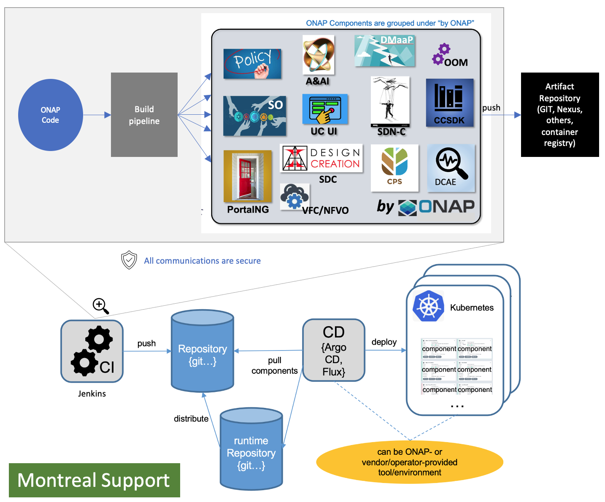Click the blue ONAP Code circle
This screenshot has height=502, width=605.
pos(50,115)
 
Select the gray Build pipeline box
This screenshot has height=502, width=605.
pos(144,115)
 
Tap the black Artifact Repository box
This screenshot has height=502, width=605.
pos(559,115)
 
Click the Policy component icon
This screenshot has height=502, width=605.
pos(252,64)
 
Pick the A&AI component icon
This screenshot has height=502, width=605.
pos(319,55)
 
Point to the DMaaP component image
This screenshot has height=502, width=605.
pos(385,51)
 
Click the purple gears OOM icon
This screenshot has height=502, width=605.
pos(441,54)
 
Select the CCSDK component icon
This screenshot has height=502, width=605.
pos(449,103)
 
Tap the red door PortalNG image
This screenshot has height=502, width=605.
pos(248,176)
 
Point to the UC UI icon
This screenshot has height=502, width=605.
pos(325,109)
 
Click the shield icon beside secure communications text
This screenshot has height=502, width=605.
pos(129,260)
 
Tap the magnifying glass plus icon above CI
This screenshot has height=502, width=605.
pos(100,306)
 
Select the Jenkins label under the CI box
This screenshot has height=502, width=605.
pos(92,394)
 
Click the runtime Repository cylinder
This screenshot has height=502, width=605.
pos(251,449)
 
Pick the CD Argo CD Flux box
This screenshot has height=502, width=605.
pos(334,351)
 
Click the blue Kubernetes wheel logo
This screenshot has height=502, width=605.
pos(428,306)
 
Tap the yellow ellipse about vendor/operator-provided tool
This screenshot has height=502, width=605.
pos(409,462)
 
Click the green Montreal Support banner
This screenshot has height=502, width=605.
pos(94,480)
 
